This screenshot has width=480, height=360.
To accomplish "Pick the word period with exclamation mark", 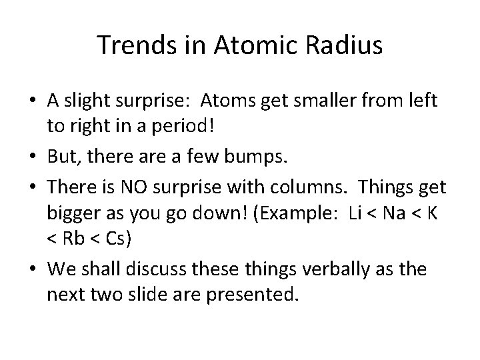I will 161,127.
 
